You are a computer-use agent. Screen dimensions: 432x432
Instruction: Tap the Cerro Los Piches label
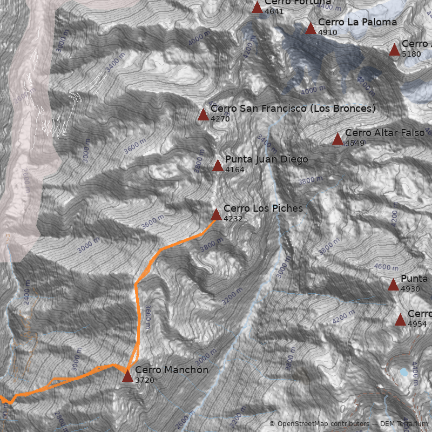tap(263, 208)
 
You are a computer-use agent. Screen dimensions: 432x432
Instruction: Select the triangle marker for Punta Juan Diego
tap(218, 166)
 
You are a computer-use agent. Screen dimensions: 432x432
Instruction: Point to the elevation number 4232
tap(233, 219)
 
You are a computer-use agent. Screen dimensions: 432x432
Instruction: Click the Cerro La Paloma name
tap(357, 22)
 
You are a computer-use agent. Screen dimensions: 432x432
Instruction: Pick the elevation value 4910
tap(328, 32)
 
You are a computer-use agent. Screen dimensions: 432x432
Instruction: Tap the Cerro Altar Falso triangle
tap(337, 139)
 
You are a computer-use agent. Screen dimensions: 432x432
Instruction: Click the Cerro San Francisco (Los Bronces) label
tap(293, 109)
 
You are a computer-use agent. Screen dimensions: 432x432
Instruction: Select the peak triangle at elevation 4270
tap(203, 114)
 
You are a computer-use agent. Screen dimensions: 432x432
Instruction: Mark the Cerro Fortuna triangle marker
tap(257, 8)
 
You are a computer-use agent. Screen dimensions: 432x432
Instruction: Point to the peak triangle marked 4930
tap(393, 285)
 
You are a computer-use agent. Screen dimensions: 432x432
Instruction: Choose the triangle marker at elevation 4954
tap(400, 320)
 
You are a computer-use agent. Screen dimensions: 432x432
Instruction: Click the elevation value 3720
tap(145, 380)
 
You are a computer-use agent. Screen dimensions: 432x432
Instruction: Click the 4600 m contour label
tap(386, 267)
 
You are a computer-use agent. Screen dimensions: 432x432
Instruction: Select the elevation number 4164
tap(235, 170)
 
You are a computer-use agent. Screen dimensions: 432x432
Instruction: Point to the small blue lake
tap(404, 372)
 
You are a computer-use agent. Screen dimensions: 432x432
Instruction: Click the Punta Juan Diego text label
tap(267, 159)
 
